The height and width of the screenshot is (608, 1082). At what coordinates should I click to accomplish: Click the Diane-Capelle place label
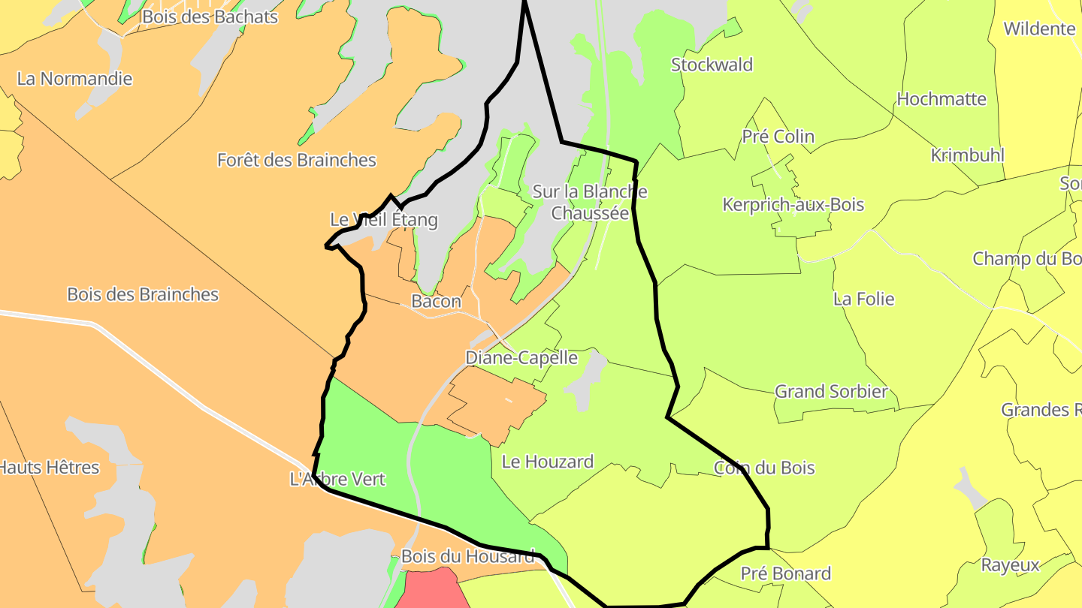click(521, 358)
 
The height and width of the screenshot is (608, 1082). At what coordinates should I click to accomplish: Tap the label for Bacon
click(436, 302)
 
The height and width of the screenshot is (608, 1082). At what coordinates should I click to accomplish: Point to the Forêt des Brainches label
click(296, 160)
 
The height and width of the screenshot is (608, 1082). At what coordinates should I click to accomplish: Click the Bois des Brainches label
click(143, 294)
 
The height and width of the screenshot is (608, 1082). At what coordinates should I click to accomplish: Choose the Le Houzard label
click(547, 462)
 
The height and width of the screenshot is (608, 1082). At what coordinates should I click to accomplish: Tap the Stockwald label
click(712, 65)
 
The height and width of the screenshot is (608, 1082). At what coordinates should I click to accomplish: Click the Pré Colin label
click(778, 137)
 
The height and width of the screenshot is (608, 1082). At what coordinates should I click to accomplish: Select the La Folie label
click(863, 299)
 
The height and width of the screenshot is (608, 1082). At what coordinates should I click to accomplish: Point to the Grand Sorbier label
click(831, 391)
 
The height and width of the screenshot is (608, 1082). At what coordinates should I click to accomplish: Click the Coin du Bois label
click(764, 468)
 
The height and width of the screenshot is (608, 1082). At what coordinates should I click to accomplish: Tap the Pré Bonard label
click(785, 573)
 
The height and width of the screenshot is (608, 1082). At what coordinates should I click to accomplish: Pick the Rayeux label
click(1011, 565)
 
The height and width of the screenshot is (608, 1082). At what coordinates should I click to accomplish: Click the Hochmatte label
click(941, 99)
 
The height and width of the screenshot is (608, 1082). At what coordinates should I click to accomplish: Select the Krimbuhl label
click(967, 155)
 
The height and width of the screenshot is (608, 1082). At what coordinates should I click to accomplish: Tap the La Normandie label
click(74, 79)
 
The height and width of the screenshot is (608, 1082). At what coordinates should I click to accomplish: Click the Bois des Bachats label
click(210, 17)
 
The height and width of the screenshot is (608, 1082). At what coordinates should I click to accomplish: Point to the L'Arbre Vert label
click(337, 479)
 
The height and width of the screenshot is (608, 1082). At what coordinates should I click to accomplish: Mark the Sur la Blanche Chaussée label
click(590, 202)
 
